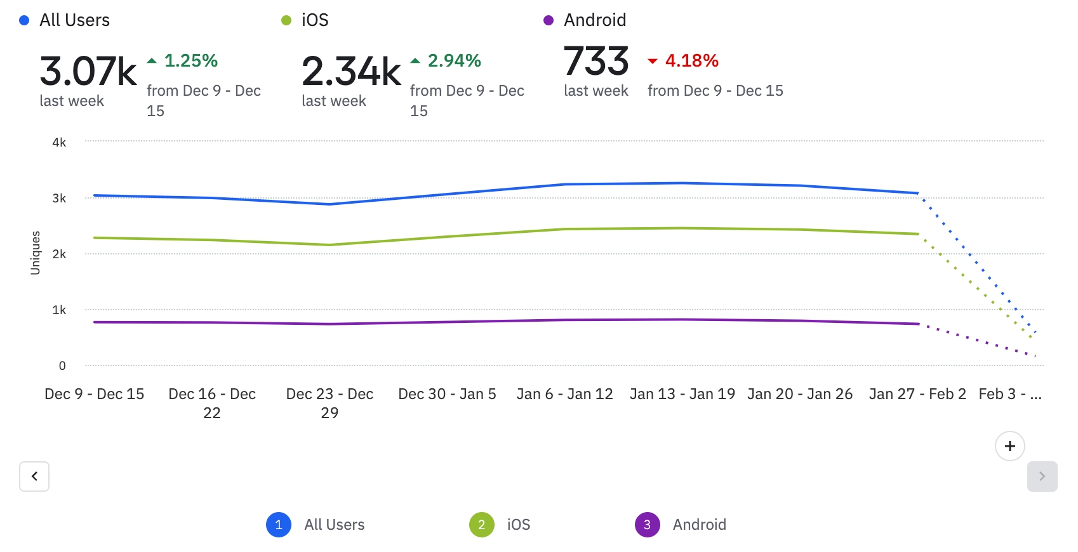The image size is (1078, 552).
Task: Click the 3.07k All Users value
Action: pos(88,71)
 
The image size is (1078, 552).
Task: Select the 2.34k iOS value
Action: pos(351,71)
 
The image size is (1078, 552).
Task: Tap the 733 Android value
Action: pos(596,61)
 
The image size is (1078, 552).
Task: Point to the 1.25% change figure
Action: pos(190,61)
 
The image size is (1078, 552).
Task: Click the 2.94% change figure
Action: pos(454,61)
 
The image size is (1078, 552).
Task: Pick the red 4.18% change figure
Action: pos(691,61)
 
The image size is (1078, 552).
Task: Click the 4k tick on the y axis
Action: pos(59,142)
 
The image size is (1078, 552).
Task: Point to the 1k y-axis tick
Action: pos(59,310)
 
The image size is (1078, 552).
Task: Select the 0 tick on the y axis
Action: pos(62,365)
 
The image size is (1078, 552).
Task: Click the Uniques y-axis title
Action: pos(36,253)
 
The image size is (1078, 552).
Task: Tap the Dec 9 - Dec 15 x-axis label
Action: pos(95,394)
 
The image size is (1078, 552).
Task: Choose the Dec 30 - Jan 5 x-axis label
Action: pos(447,394)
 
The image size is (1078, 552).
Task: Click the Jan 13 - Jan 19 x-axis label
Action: pos(682,394)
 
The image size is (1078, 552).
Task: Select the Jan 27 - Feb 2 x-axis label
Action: pos(917,394)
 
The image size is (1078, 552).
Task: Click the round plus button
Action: pos(1009,446)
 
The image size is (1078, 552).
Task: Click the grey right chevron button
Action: pos(1042,476)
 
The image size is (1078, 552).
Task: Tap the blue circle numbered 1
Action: pos(279,525)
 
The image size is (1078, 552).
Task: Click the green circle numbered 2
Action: pos(481,525)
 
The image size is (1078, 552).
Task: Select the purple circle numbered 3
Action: pos(647,525)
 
